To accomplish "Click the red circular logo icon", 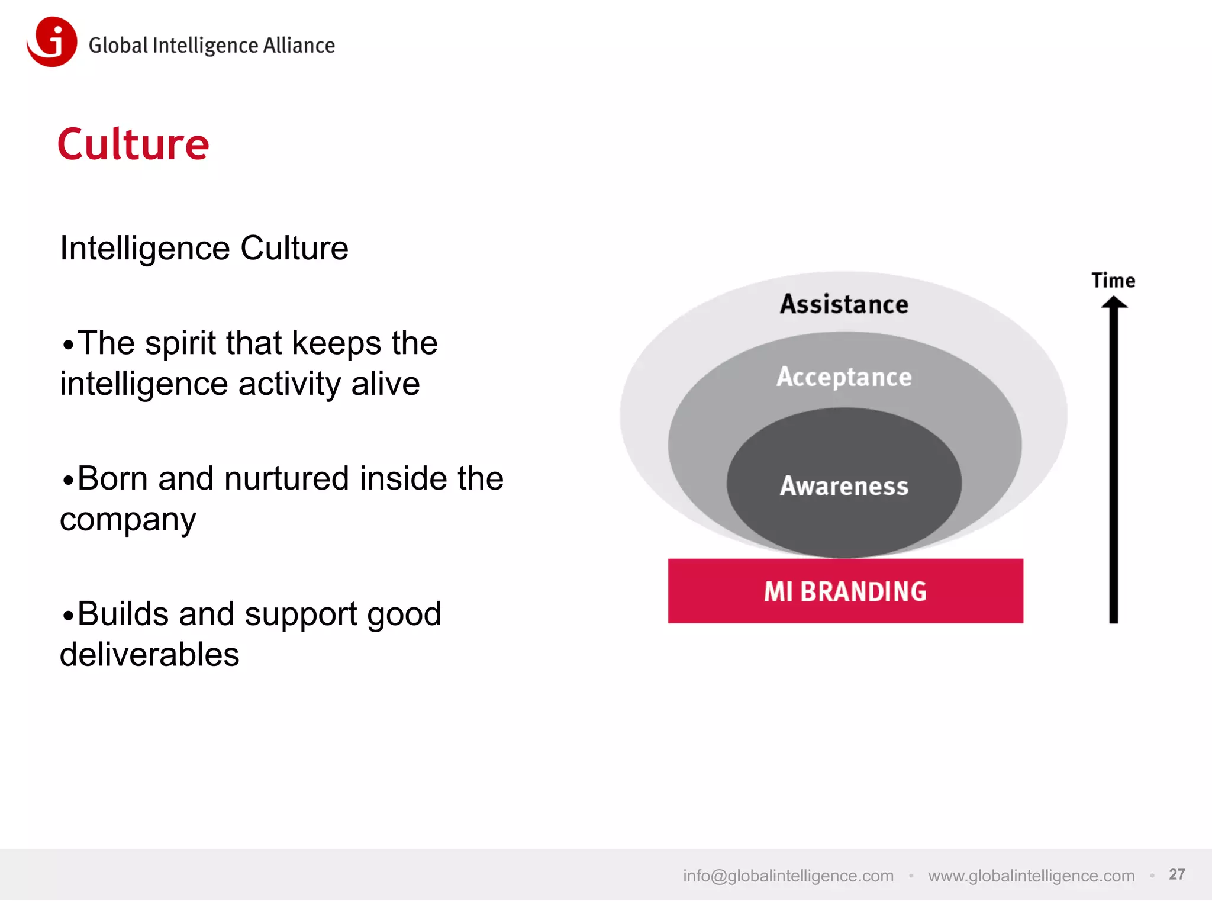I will coord(52,41).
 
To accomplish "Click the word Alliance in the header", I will coord(299,46).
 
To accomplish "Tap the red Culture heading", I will coord(133,144).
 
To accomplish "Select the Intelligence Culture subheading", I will coord(204,248).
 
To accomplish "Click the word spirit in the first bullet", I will coord(180,343).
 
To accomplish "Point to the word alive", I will coord(385,384).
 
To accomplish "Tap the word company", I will coord(128,520).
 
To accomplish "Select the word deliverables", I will coord(149,655).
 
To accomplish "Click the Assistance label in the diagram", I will coord(844,304).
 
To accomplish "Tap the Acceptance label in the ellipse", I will coord(844,377).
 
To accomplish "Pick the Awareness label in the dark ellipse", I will coord(844,486).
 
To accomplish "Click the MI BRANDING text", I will coord(845,591).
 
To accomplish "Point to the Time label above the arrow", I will coord(1113,281).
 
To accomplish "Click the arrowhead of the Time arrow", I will coord(1114,304).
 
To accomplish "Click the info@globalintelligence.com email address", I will coord(788,876).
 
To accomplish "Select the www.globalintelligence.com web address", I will coord(1031,876).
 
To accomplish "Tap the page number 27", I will coord(1176,874).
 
